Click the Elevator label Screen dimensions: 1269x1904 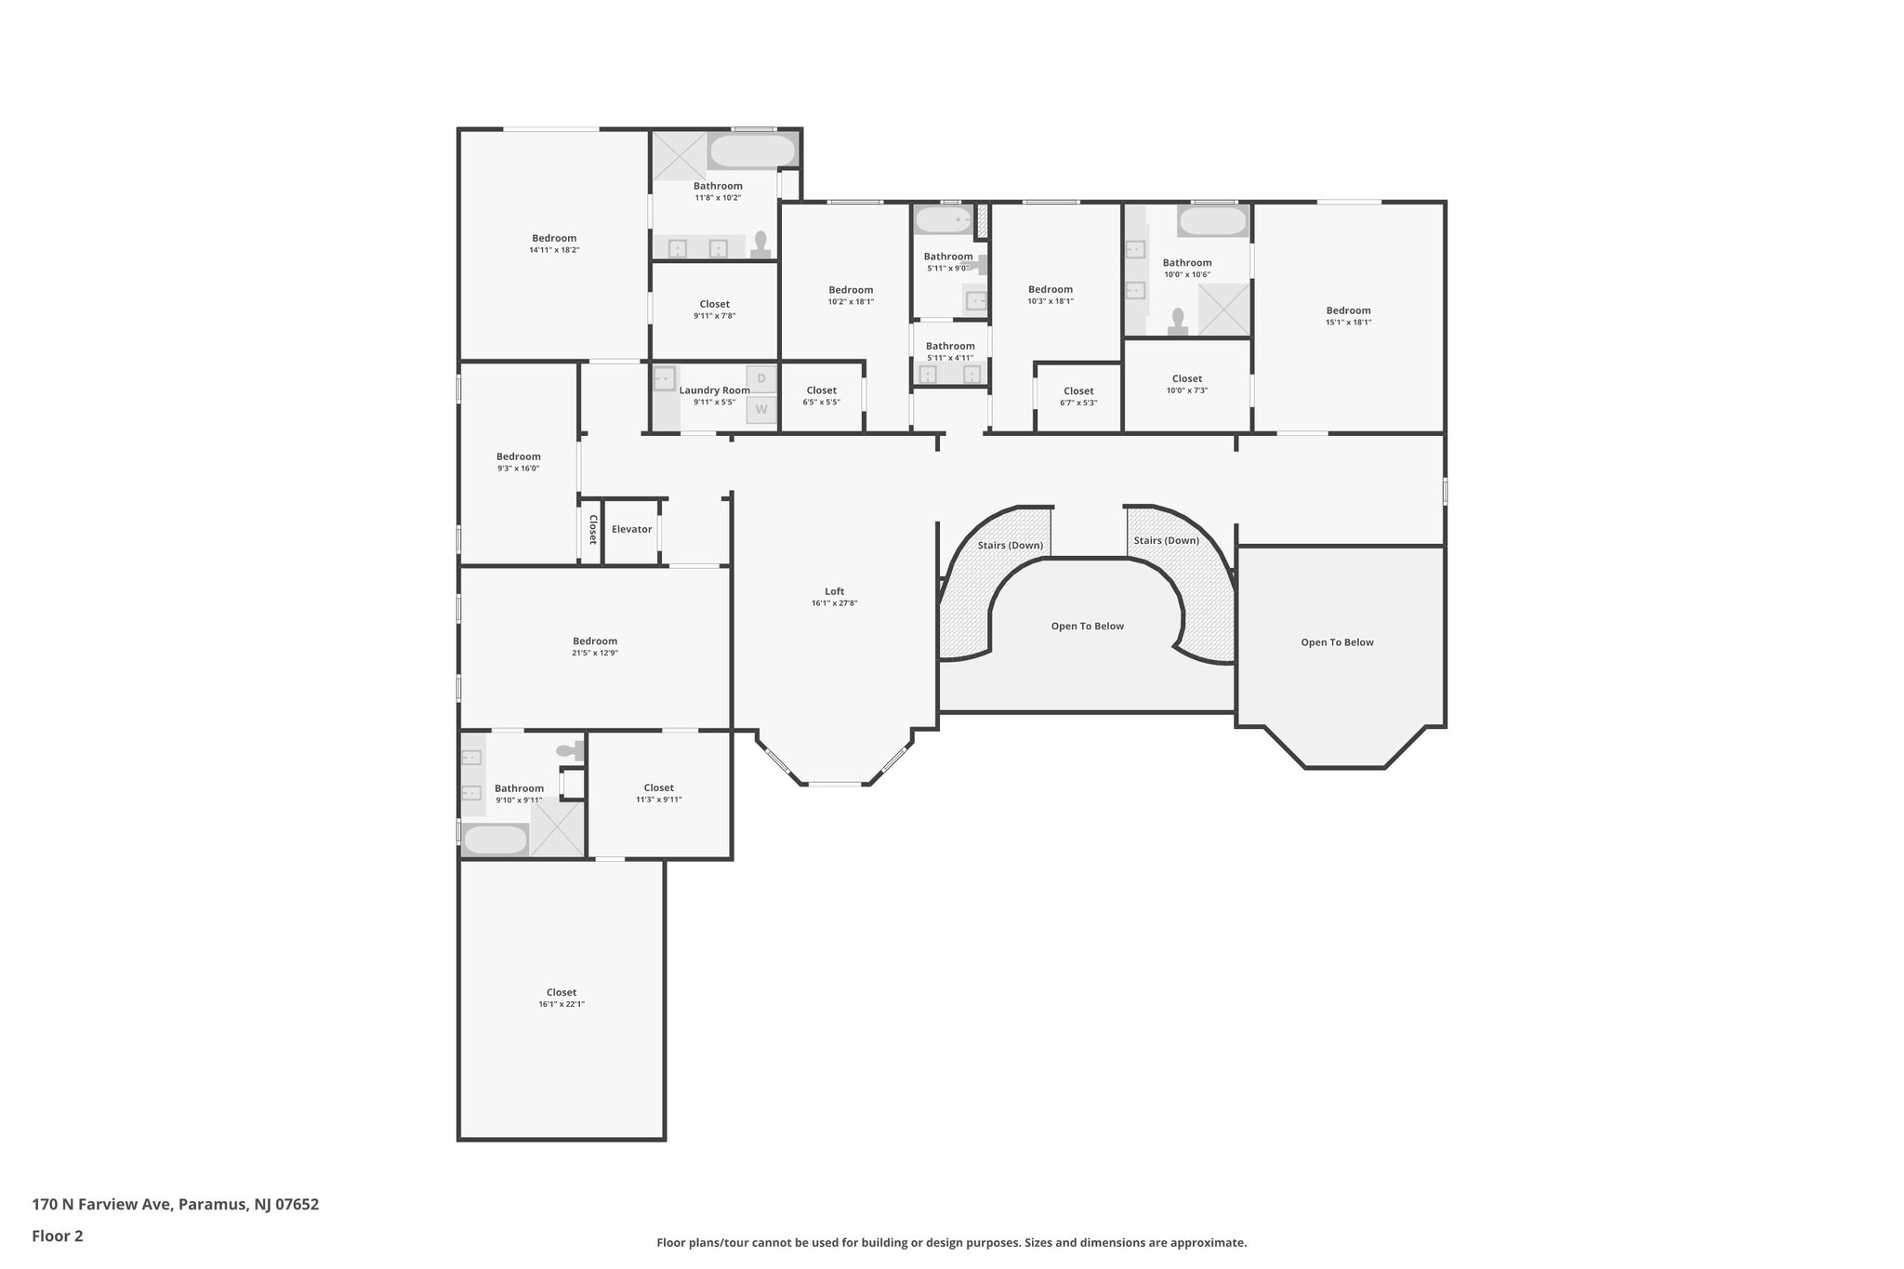click(631, 529)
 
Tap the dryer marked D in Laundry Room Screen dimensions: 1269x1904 click(761, 378)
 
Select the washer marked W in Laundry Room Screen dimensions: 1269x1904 click(761, 409)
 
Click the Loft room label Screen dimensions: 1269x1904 click(834, 591)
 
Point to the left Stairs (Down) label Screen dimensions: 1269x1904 click(1010, 545)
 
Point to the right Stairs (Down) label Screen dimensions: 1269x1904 click(1166, 540)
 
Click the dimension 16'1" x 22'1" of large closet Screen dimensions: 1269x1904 click(562, 1004)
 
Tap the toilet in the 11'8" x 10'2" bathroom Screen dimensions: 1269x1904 click(760, 244)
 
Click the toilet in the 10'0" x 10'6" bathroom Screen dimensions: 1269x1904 click(1178, 321)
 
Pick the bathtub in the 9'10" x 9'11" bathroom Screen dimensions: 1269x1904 click(495, 840)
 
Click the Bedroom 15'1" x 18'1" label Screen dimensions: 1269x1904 click(1348, 311)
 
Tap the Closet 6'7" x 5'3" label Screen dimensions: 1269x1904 click(1078, 391)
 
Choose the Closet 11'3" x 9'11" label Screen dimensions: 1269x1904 click(658, 788)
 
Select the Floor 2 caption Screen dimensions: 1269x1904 click(58, 1236)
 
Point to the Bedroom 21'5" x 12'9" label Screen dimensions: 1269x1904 click(595, 641)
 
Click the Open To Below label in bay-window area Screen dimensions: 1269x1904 click(1337, 642)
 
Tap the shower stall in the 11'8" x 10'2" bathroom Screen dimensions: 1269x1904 click(679, 155)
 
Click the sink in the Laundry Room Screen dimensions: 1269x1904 click(664, 378)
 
